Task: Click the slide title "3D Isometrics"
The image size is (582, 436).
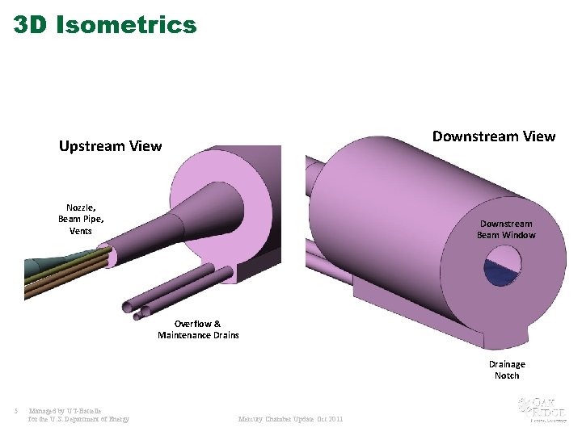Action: (x=105, y=24)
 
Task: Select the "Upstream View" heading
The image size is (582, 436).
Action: (x=110, y=146)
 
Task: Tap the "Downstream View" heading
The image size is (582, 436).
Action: (x=494, y=136)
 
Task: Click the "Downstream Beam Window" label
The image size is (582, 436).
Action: (x=506, y=229)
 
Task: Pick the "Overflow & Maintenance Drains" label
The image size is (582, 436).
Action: (x=198, y=329)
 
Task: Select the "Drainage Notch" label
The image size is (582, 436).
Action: (x=507, y=370)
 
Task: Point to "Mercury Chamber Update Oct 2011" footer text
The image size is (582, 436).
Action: (x=290, y=419)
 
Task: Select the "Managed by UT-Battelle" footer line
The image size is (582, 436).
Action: (x=65, y=411)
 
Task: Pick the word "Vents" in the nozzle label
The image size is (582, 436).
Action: (x=80, y=231)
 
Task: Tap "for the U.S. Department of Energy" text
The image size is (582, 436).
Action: (x=78, y=419)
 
